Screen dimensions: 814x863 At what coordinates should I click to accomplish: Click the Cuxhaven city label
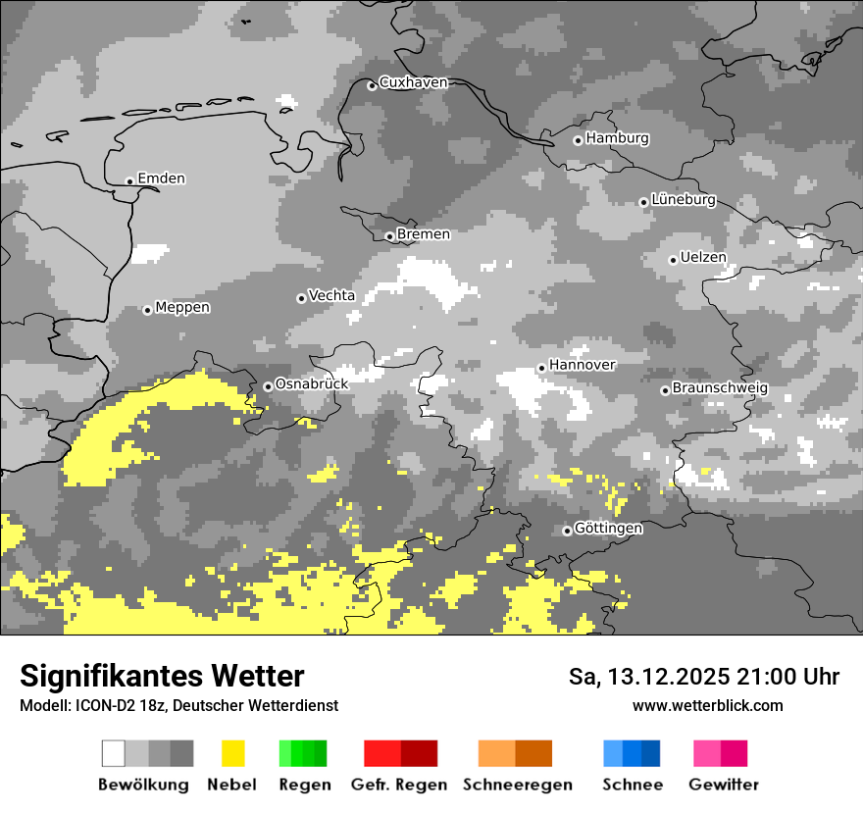point(413,82)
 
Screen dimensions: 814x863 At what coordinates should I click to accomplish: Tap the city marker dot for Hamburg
point(579,140)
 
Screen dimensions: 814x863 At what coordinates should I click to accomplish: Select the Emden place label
point(161,178)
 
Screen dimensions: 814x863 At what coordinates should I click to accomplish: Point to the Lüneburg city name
point(684,200)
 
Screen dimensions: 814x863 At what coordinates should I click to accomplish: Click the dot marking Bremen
point(389,236)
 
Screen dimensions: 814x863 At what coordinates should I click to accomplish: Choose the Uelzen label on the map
point(703,258)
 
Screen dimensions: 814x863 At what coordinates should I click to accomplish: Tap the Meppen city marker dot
point(147,310)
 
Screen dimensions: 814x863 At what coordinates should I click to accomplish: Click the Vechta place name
point(331,295)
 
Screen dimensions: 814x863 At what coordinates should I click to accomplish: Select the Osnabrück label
point(312,384)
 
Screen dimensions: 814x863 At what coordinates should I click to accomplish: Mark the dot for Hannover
point(541,368)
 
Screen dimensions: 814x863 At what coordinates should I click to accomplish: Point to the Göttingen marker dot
point(567,531)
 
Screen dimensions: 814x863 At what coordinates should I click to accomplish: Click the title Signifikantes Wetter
point(162,676)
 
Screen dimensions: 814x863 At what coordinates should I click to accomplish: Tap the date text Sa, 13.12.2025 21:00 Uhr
point(704,677)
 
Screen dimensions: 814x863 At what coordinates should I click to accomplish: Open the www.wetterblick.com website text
point(708,705)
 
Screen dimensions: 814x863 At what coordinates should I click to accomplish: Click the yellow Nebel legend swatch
point(232,753)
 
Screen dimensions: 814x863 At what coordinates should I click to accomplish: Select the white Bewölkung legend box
point(114,753)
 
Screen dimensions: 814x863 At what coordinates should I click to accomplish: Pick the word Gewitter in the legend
point(724,785)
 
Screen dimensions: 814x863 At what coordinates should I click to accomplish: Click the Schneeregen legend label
point(518,785)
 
